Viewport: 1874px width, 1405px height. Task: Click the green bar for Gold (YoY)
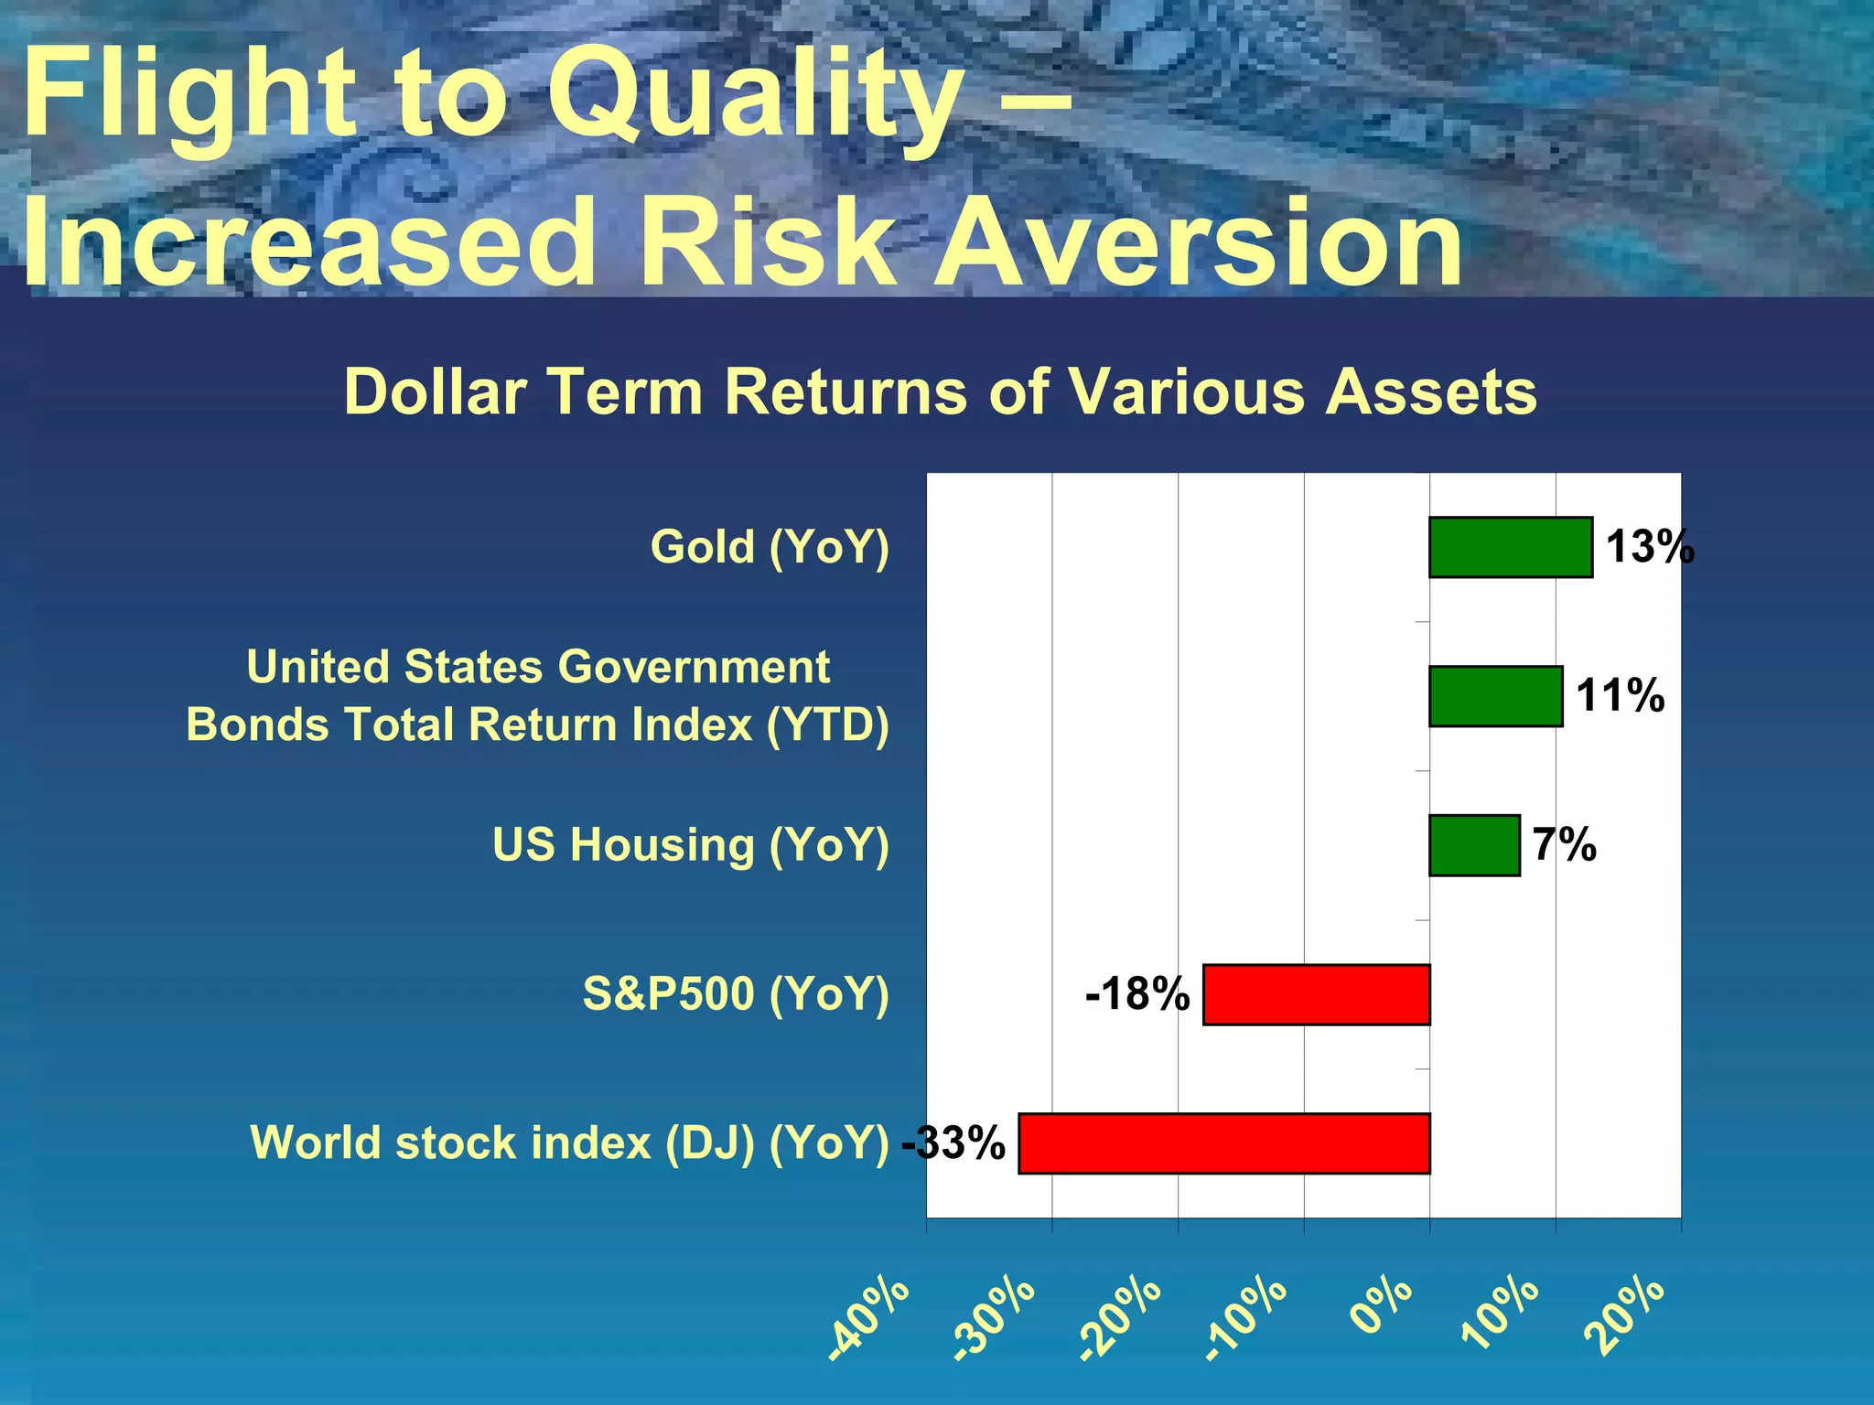(x=1510, y=547)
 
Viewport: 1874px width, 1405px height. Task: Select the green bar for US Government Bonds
(x=1495, y=696)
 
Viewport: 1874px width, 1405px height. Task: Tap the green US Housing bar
(x=1474, y=845)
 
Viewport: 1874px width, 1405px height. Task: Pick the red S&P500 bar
(x=1316, y=994)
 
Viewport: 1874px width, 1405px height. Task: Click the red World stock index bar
(x=1223, y=1143)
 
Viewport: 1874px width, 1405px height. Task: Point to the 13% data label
(x=1650, y=547)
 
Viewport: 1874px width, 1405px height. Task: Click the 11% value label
(x=1620, y=695)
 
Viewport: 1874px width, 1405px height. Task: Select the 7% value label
(x=1564, y=844)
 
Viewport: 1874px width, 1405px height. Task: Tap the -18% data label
(x=1136, y=994)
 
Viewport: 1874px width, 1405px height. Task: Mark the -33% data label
(x=953, y=1143)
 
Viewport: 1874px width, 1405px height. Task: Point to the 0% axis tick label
(x=1382, y=1306)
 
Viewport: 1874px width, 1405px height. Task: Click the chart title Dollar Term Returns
(x=940, y=392)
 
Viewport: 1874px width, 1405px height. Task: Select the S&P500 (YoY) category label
(x=736, y=994)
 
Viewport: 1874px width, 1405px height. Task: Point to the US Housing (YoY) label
(x=690, y=845)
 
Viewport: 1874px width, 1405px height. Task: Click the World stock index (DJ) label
(x=569, y=1143)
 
